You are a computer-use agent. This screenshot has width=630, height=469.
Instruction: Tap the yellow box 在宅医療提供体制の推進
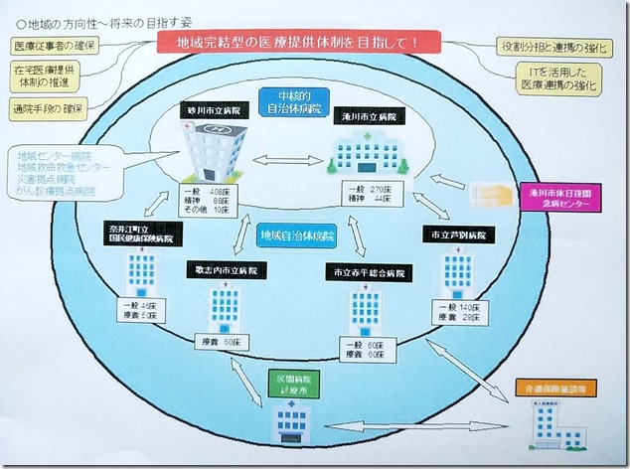click(48, 77)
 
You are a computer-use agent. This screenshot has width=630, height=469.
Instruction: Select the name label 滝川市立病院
click(369, 116)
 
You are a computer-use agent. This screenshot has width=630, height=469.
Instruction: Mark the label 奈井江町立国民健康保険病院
click(139, 234)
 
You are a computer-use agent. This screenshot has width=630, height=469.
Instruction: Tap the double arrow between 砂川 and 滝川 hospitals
click(284, 160)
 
